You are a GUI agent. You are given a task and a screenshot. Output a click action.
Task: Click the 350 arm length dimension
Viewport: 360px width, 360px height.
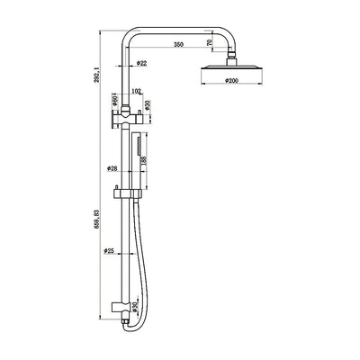(179, 42)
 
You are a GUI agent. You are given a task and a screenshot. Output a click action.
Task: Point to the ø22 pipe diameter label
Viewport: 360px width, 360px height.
(142, 64)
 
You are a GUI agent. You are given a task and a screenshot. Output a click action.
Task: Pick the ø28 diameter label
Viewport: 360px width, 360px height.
(113, 168)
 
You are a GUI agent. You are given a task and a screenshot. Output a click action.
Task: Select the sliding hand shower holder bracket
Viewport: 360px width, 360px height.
(125, 193)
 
